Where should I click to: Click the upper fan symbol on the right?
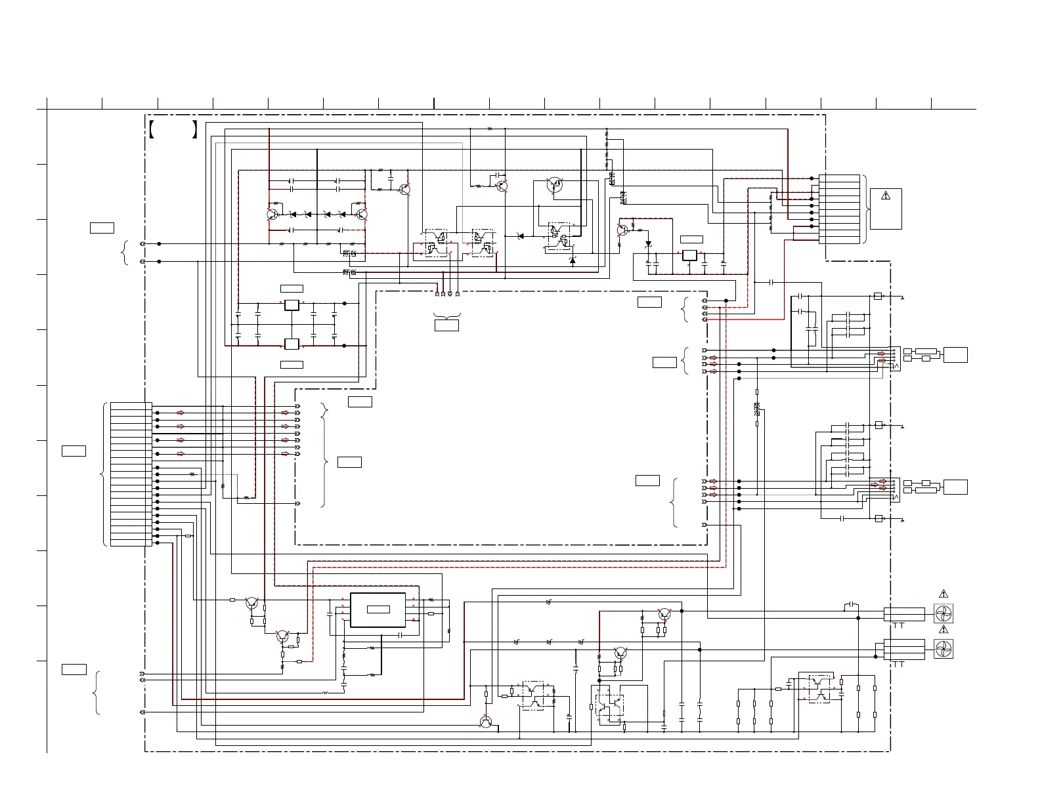(x=943, y=614)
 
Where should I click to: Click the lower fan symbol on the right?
(x=943, y=648)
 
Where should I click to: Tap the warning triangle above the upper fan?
(x=943, y=594)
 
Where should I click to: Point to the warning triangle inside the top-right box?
(x=885, y=195)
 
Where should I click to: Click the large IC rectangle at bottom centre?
(x=378, y=610)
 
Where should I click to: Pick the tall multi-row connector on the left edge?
(x=131, y=474)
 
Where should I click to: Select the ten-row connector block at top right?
(x=839, y=209)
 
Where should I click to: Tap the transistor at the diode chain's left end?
(x=272, y=214)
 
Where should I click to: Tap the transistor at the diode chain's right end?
(x=361, y=214)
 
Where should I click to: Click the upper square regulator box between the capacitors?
(x=292, y=304)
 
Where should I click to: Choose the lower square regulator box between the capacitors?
(x=292, y=344)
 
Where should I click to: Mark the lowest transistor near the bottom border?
(x=486, y=722)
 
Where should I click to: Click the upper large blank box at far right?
(x=955, y=355)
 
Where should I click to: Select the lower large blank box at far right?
(x=955, y=487)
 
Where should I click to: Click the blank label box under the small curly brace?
(x=446, y=325)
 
